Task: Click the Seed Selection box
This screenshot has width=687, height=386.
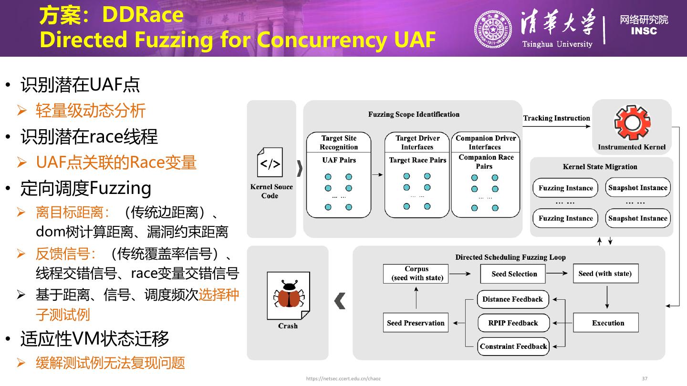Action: pos(514,274)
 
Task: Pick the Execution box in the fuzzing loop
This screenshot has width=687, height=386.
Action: pos(605,323)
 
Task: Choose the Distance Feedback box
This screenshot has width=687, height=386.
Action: pos(513,299)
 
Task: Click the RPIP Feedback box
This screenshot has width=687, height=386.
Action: pos(513,323)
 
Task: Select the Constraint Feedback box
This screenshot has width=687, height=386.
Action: pos(513,346)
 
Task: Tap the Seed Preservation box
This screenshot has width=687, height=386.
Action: pos(416,323)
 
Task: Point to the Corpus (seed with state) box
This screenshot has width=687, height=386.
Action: pos(416,274)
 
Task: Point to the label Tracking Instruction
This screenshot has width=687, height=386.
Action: pos(556,118)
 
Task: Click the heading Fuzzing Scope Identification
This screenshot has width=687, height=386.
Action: pos(414,114)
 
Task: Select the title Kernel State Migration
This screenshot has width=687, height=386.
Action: pos(600,167)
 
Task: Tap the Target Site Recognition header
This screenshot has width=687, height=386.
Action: pos(339,142)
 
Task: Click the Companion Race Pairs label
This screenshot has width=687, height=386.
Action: pos(486,162)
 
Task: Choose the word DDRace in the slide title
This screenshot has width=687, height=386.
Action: pos(143,15)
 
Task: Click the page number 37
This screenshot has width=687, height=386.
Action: pos(645,378)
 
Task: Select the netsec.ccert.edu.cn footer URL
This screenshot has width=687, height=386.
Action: pos(343,378)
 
